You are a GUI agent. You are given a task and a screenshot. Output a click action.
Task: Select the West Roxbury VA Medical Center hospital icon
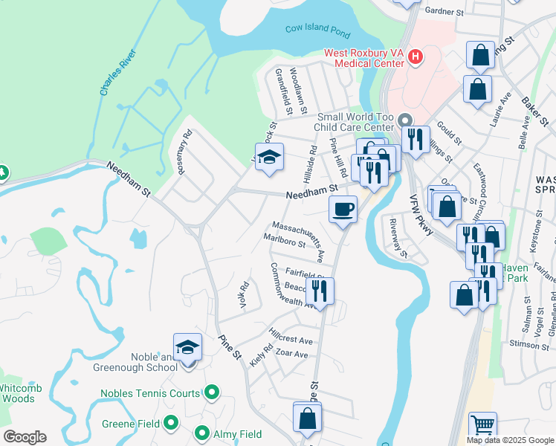(x=415, y=56)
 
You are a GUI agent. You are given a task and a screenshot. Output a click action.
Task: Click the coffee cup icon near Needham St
(x=343, y=209)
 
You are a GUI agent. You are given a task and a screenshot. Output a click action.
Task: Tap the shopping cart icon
(x=482, y=425)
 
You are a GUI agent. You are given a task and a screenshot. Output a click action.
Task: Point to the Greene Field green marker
(x=171, y=423)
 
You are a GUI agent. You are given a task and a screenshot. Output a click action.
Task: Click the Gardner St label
(x=443, y=12)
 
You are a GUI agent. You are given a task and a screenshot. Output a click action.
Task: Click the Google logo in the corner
(x=25, y=437)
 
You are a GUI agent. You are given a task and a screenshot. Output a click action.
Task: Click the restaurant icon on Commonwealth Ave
(x=320, y=291)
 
